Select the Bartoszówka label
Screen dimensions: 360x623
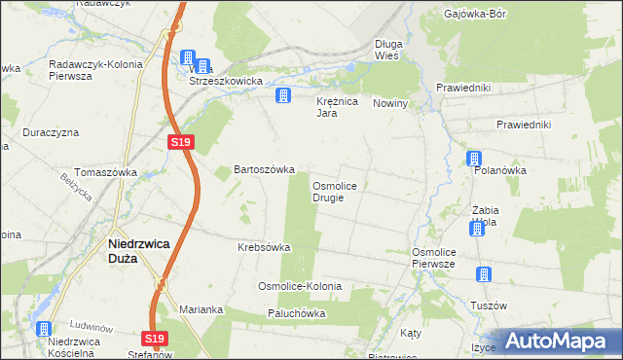click(x=263, y=169)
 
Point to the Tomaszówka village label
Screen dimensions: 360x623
click(x=106, y=171)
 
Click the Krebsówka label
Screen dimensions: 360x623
click(x=265, y=247)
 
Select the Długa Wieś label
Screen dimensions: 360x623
click(x=394, y=50)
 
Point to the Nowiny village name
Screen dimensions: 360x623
click(x=389, y=103)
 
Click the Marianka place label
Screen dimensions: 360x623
click(x=202, y=309)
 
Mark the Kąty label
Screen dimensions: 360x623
click(x=411, y=333)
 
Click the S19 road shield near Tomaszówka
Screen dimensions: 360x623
click(x=180, y=142)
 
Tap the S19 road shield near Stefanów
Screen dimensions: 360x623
click(x=155, y=339)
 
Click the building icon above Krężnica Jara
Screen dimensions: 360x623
click(x=283, y=94)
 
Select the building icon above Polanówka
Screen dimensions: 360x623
click(x=473, y=159)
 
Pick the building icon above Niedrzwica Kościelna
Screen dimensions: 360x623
click(x=43, y=329)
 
